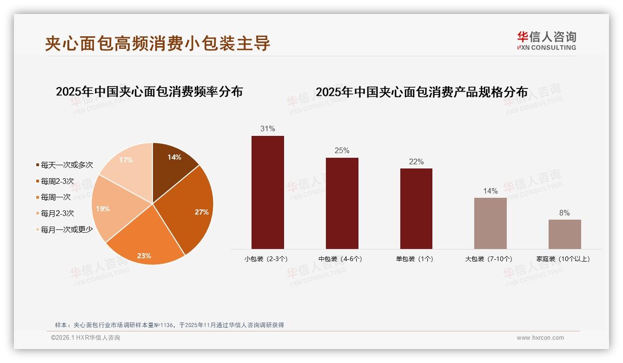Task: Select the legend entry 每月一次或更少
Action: pos(66,229)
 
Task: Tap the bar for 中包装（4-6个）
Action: pos(342,203)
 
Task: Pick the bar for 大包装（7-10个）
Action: pos(490,223)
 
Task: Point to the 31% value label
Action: pos(267,128)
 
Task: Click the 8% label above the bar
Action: pos(564,213)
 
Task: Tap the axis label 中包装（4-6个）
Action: pos(340,259)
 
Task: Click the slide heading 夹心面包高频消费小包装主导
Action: pos(158,43)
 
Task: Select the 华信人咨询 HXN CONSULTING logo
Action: pos(546,41)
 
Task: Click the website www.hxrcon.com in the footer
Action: pos(540,338)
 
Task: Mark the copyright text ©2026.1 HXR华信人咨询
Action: pos(86,338)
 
